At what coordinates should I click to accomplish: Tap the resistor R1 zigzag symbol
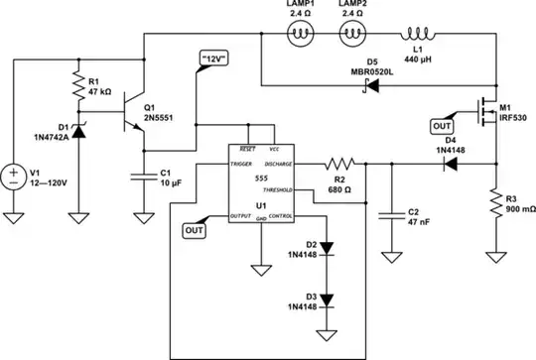tap(77, 87)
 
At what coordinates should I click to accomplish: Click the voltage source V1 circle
tap(14, 178)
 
